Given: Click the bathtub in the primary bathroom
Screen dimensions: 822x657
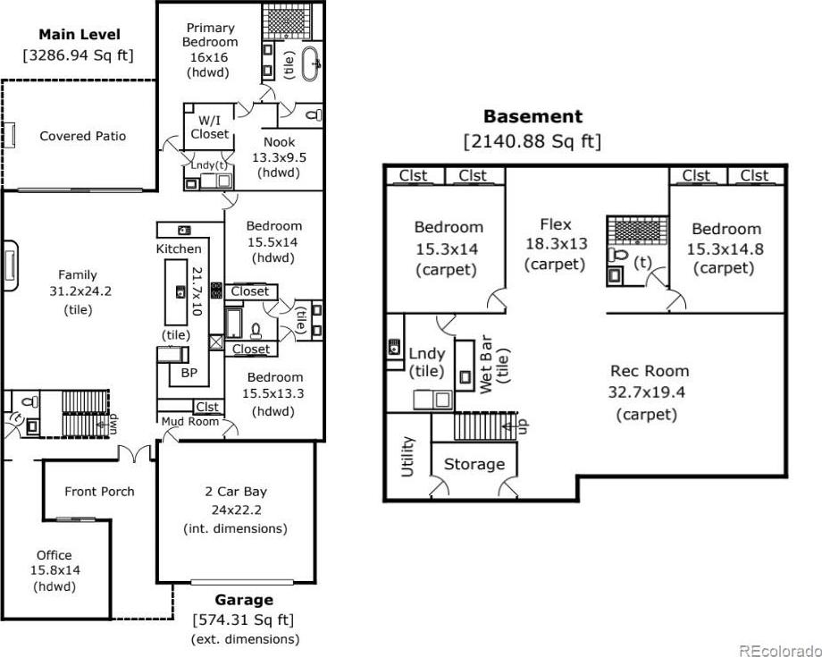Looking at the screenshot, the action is (x=310, y=63).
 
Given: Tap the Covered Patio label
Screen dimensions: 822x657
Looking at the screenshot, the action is (x=83, y=136).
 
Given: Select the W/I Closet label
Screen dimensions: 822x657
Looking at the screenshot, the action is (x=210, y=127).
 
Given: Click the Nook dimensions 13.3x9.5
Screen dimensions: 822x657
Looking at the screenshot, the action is (x=280, y=157).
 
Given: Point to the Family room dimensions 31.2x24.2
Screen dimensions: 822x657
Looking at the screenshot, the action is (x=80, y=291).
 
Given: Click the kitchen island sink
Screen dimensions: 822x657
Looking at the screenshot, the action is (x=180, y=291).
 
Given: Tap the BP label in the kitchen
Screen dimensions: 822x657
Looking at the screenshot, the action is (x=189, y=373).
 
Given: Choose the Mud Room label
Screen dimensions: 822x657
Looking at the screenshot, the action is (x=189, y=421).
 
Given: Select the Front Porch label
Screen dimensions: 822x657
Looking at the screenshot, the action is (x=99, y=492).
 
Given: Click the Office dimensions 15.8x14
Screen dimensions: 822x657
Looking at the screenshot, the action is (x=55, y=570).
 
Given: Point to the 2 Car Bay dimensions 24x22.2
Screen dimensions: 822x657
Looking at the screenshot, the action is (x=237, y=510).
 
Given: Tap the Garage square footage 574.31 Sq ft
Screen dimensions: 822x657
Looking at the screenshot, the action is (x=244, y=619).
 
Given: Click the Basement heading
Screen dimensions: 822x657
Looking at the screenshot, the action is (x=533, y=116).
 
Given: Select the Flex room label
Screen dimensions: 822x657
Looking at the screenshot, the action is (x=555, y=224).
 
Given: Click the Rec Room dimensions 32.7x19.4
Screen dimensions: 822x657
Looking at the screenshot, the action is (x=646, y=392).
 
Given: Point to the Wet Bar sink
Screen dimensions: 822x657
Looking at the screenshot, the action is (x=465, y=376).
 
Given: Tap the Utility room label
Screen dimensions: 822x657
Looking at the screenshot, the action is (x=407, y=457).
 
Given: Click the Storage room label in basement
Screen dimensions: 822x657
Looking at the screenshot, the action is (x=474, y=464).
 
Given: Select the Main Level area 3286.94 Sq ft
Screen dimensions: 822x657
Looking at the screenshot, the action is (x=79, y=55).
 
